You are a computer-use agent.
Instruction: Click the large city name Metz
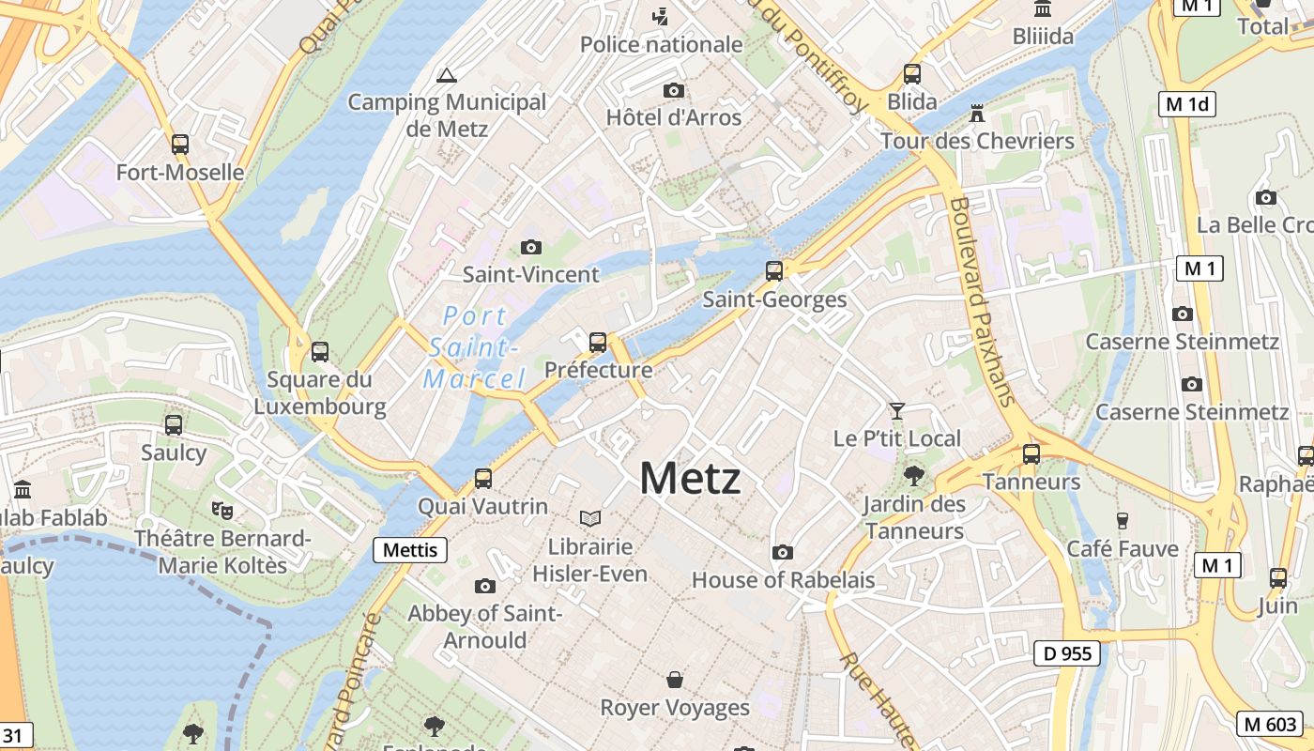click(690, 479)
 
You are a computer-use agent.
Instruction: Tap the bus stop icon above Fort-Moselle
click(180, 145)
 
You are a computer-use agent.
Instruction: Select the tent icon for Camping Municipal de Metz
click(447, 75)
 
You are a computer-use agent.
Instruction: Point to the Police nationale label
click(661, 44)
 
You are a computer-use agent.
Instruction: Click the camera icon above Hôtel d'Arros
click(673, 91)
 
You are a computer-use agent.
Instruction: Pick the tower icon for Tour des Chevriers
click(977, 114)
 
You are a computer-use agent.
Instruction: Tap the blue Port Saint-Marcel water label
click(474, 347)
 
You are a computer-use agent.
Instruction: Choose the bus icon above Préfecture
click(598, 343)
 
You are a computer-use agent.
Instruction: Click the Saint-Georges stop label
click(774, 299)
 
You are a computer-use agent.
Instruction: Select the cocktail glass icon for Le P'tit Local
click(897, 411)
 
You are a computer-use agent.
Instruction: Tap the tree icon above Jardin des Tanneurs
click(913, 476)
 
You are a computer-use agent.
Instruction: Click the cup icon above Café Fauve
click(1122, 520)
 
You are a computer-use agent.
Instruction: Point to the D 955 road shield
click(1067, 653)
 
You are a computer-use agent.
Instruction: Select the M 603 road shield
click(1270, 723)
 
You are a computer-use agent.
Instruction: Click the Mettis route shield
click(410, 549)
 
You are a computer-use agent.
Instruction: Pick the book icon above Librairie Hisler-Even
click(590, 518)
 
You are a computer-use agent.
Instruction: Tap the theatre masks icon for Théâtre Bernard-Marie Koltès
click(222, 511)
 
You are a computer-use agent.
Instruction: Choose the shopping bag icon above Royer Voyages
click(674, 679)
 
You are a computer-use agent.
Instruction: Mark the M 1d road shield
click(1187, 104)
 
